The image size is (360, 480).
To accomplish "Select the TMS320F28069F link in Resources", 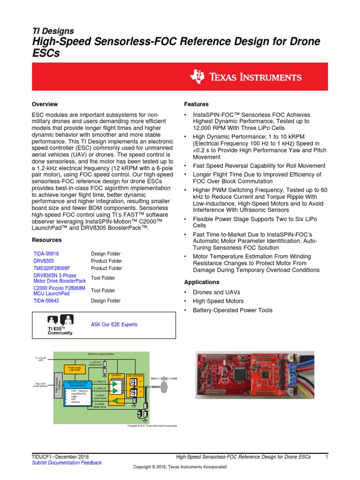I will tap(51, 269).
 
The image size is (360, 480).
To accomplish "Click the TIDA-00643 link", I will tap(45, 301).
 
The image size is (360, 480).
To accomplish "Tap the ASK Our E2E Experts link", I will tap(114, 324).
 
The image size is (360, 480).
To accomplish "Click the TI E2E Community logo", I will tap(60, 325).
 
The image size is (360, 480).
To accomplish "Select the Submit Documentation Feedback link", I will tap(66, 463).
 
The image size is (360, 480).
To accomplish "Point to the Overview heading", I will tap(45, 104).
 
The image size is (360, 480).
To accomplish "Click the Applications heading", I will tap(202, 282).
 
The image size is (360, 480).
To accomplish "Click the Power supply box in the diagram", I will tap(75, 369).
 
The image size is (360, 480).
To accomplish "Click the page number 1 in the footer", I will tap(327, 457).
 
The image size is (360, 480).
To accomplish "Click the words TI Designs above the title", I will tap(52, 31).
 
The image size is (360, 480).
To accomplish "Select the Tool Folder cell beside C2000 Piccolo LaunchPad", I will tap(103, 291).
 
